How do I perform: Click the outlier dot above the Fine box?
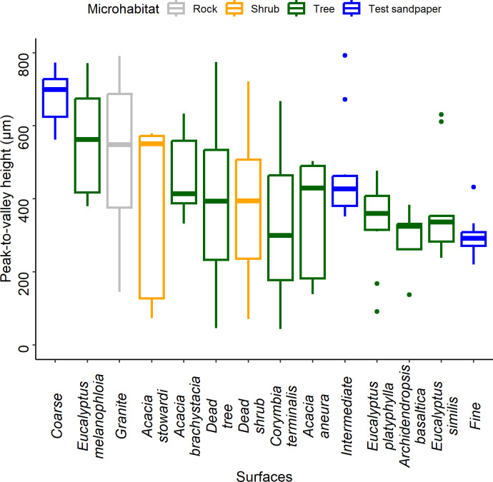click(x=474, y=187)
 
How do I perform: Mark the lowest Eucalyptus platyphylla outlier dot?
click(x=377, y=311)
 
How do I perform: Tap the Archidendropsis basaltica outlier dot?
click(x=409, y=295)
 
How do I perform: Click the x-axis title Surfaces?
click(x=264, y=472)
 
